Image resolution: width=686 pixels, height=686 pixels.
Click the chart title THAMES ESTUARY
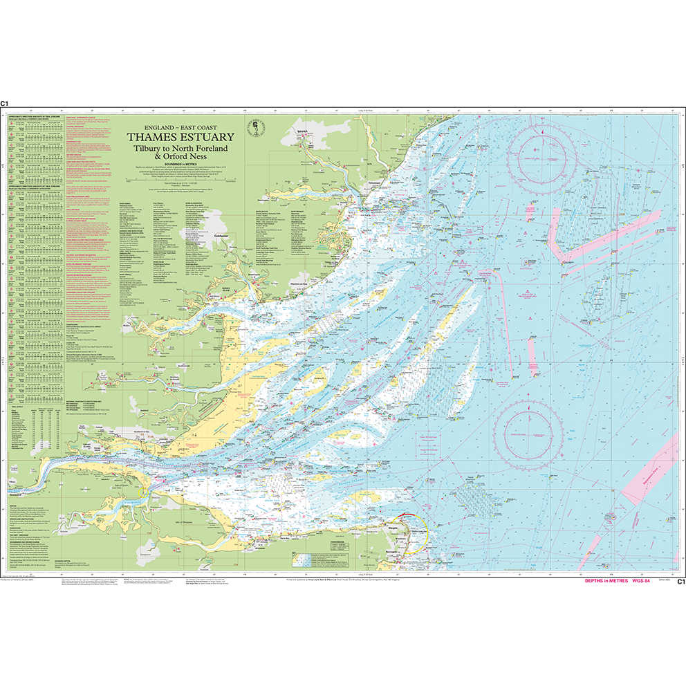click(180, 137)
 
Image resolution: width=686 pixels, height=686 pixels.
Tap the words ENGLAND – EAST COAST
click(180, 127)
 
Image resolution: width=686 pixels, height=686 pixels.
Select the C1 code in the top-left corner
click(5, 103)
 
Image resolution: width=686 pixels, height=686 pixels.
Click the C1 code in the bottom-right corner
click(680, 582)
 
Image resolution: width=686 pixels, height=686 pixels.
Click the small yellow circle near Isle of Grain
click(142, 492)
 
